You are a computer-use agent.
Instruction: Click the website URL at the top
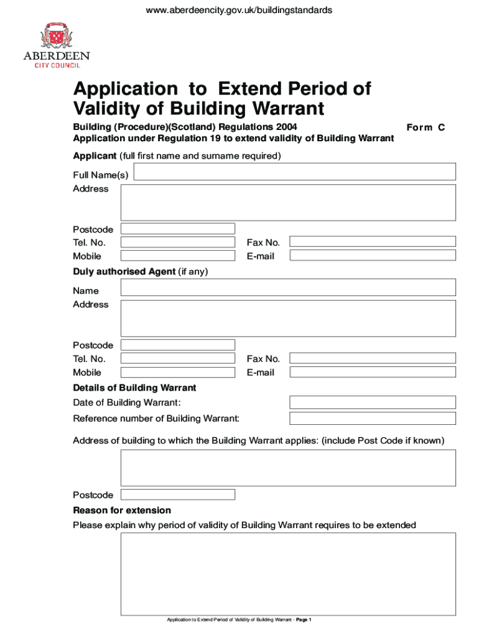[x=239, y=10]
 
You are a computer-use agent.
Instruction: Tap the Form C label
[x=426, y=127]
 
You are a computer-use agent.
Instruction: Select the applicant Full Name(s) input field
[x=295, y=172]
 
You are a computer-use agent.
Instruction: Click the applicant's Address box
[x=288, y=202]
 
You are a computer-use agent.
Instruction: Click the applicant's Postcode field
[x=178, y=229]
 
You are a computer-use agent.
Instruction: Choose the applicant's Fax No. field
[x=373, y=241]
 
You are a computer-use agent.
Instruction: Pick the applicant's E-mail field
[x=373, y=256]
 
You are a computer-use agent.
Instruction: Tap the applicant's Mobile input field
[x=178, y=256]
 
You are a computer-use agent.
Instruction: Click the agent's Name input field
[x=288, y=287]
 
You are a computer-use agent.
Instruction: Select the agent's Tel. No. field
[x=178, y=358]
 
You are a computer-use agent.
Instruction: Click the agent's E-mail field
[x=373, y=372]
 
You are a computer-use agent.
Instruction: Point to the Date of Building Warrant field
[x=373, y=402]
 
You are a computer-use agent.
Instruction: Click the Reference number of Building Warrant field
[x=373, y=418]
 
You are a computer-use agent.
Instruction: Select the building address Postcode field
[x=178, y=495]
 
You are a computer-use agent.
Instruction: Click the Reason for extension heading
[x=122, y=510]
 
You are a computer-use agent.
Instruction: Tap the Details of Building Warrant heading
[x=134, y=388]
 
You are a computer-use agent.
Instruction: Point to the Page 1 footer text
[x=304, y=620]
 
